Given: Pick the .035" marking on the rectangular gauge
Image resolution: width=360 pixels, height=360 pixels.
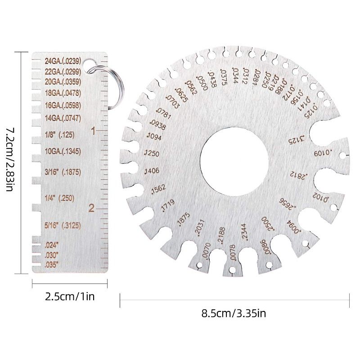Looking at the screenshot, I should click(x=52, y=265).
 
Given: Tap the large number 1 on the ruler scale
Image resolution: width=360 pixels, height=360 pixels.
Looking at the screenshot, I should click(x=93, y=131).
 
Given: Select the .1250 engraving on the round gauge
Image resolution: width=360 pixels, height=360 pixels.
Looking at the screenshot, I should click(x=152, y=153).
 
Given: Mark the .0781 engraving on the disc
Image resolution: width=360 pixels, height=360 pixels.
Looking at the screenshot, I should click(x=162, y=112).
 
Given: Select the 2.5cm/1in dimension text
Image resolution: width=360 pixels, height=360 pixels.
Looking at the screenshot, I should click(x=70, y=296).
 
